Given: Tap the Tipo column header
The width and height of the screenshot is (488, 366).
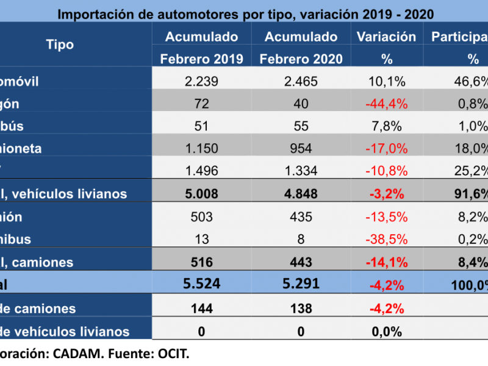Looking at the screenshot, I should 60,45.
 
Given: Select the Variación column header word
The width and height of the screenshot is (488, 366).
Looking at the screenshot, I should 386,37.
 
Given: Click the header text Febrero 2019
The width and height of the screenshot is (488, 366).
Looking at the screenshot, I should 202,59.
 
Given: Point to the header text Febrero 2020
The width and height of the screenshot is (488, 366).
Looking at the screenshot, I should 301,59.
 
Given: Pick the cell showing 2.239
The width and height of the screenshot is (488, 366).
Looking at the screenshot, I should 201,82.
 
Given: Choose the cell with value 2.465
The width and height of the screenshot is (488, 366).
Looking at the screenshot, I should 301,82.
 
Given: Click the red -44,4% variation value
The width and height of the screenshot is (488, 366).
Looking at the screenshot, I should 386,104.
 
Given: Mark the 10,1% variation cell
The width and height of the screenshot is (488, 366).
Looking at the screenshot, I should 386,82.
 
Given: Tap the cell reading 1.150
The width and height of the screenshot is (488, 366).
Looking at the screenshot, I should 201,149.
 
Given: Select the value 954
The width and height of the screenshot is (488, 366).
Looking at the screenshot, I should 301,149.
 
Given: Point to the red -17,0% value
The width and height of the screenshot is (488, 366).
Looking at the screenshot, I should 386,149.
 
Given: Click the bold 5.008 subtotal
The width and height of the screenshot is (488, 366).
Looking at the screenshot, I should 201,194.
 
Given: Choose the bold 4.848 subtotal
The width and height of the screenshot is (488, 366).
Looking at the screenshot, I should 301,194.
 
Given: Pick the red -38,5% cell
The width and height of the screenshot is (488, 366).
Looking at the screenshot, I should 386,239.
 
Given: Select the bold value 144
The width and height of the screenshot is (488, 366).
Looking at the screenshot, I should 201,309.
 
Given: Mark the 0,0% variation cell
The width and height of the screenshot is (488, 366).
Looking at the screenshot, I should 386,332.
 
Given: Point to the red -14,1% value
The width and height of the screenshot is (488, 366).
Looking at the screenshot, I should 386,262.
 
